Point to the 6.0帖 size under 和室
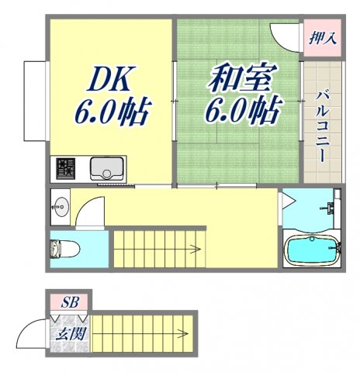tap(242, 112)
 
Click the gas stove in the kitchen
tap(65, 168)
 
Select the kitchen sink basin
tap(105, 167)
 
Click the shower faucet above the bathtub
tap(331, 208)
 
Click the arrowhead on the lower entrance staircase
tap(187, 335)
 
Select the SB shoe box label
tap(71, 301)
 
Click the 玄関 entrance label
tap(71, 336)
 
